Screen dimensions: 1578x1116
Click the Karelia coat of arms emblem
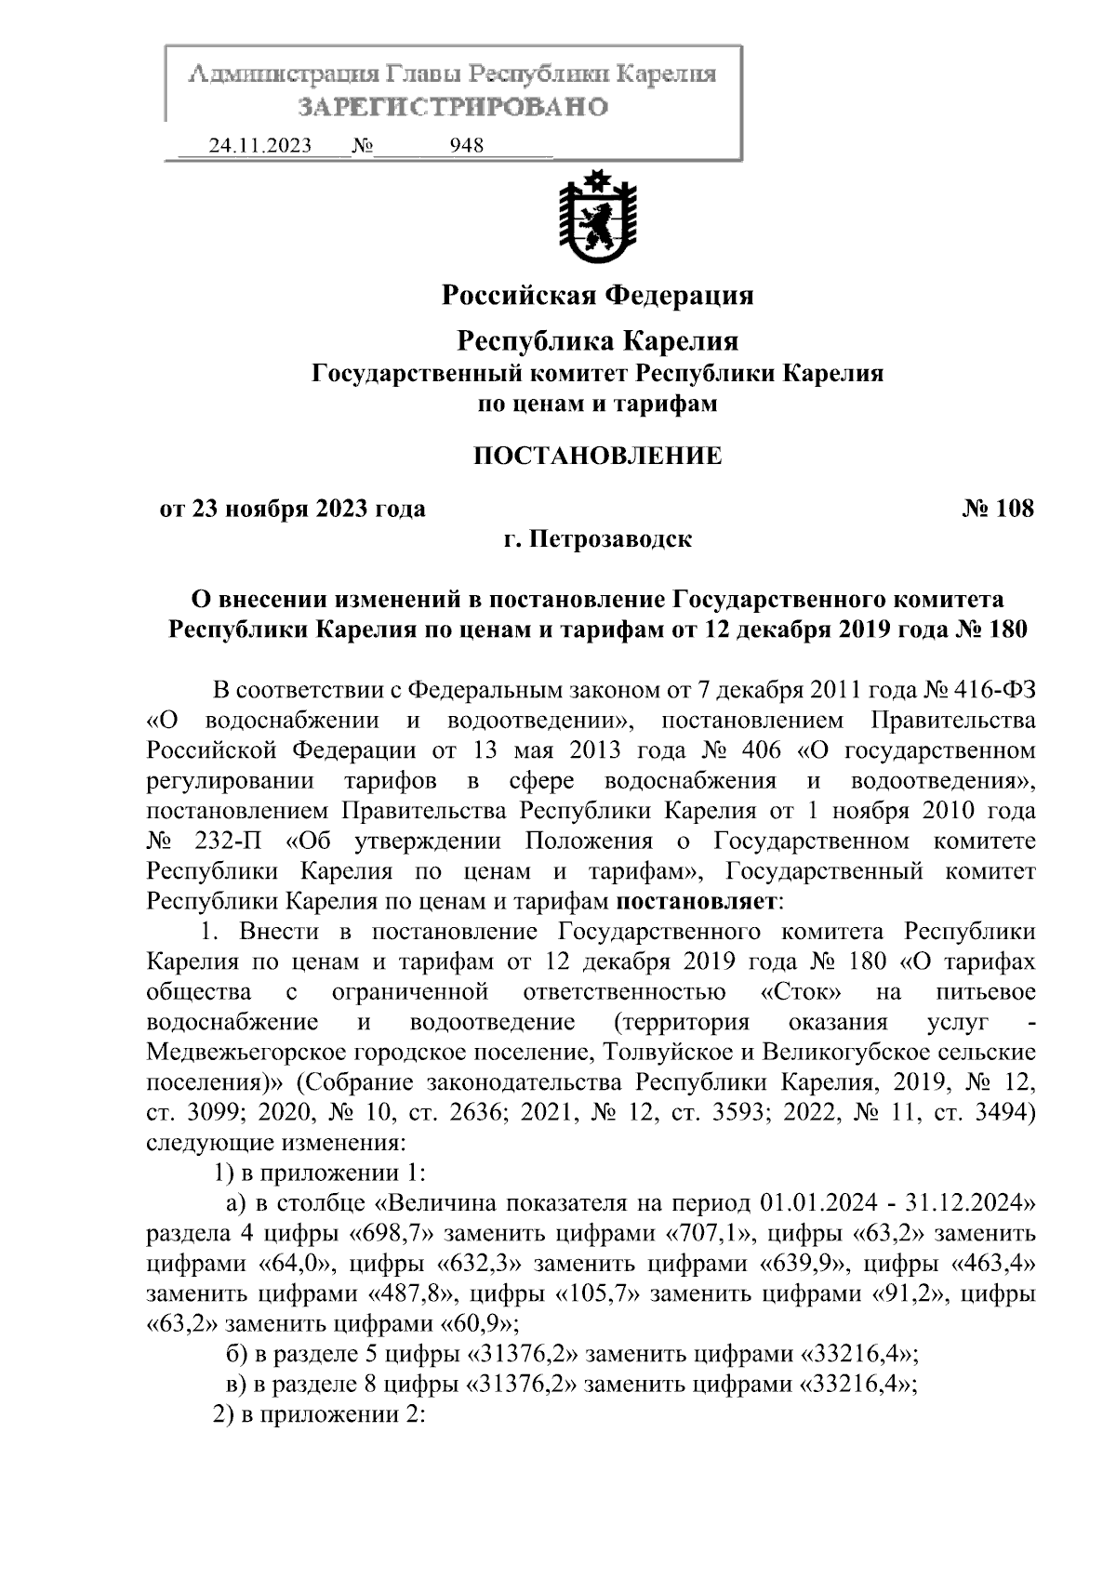[x=597, y=216]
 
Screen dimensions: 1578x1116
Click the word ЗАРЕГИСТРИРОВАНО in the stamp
[x=453, y=107]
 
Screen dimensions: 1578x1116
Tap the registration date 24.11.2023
[x=260, y=147]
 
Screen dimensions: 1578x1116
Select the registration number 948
[x=466, y=147]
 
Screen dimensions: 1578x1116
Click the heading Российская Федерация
[x=597, y=296]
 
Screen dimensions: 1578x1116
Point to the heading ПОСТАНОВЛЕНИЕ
[x=597, y=456]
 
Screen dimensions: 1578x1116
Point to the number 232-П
[x=228, y=841]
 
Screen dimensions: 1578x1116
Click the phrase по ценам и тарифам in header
[x=597, y=404]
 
